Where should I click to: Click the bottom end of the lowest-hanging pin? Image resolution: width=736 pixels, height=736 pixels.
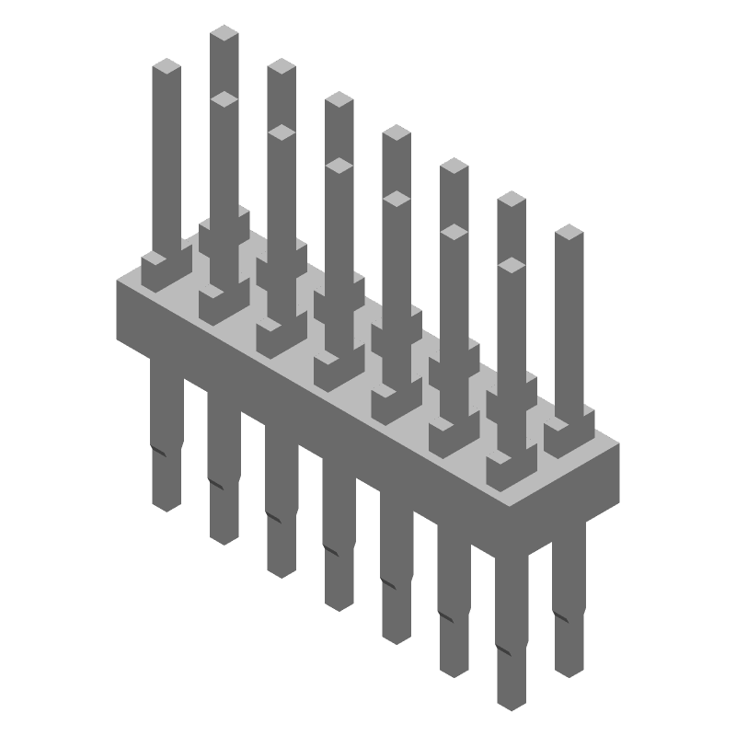(x=512, y=704)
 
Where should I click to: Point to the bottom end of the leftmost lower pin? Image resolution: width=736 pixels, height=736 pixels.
(x=167, y=504)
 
